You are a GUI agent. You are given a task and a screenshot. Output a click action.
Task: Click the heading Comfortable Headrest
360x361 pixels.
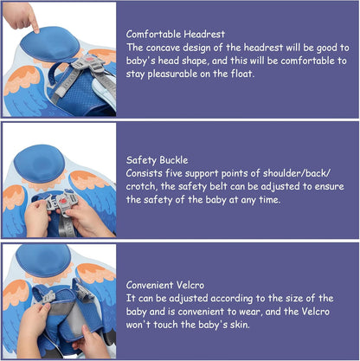click(x=176, y=34)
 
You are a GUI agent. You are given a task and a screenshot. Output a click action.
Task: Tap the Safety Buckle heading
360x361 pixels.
click(x=157, y=160)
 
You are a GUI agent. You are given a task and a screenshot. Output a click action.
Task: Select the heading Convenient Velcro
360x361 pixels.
click(x=165, y=285)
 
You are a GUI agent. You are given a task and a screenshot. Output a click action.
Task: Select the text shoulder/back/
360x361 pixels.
click(x=297, y=173)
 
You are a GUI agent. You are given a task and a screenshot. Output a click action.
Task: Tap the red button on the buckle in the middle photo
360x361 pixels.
click(x=63, y=200)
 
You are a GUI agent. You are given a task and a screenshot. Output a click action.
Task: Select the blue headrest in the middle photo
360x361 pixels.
click(x=40, y=163)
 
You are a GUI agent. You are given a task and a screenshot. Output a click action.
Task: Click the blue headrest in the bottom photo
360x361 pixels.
click(x=43, y=261)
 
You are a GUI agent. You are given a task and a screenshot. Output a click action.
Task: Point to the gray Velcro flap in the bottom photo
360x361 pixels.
click(x=75, y=318)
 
